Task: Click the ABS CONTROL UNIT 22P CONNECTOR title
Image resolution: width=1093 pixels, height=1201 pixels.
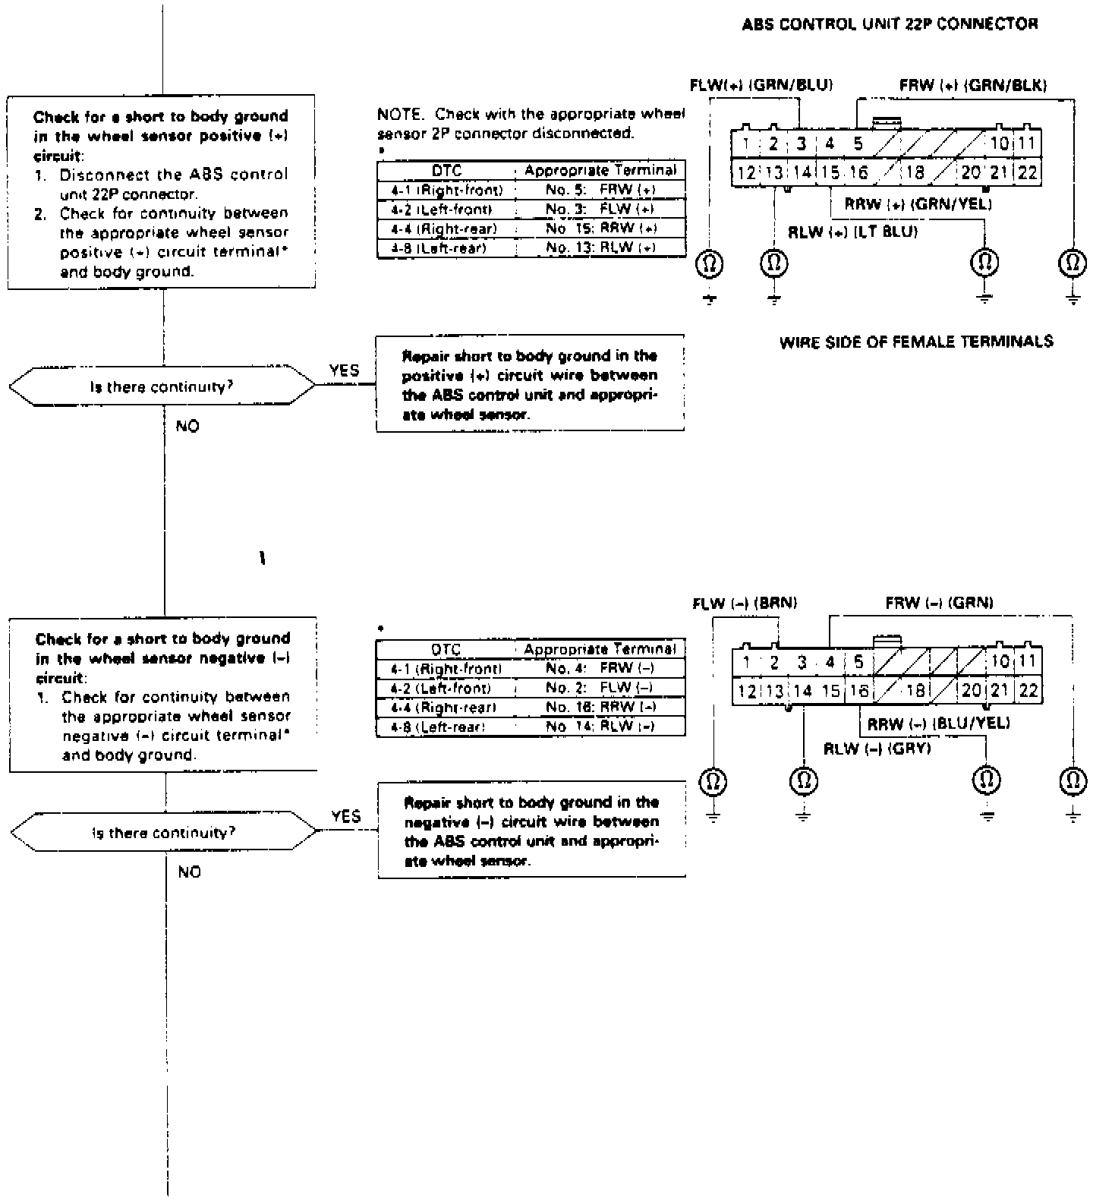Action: tap(890, 24)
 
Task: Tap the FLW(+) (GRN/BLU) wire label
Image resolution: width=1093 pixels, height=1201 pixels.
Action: tap(761, 85)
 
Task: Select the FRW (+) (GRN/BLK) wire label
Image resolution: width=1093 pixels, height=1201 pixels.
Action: tap(972, 85)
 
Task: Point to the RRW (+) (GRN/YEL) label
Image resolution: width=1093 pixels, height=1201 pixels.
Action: tap(918, 203)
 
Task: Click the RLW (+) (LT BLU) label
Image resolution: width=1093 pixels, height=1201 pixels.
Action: tap(852, 232)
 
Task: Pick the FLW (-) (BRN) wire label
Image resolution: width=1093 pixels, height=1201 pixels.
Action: tap(745, 604)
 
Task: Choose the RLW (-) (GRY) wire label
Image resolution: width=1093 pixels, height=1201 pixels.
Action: tap(877, 749)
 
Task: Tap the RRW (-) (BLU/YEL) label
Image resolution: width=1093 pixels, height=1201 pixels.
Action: tap(938, 724)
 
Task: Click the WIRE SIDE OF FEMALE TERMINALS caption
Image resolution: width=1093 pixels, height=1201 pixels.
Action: tap(916, 342)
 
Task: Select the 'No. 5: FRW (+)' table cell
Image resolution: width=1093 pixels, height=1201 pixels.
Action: tap(600, 189)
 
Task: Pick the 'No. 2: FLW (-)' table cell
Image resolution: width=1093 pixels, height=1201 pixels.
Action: tap(600, 688)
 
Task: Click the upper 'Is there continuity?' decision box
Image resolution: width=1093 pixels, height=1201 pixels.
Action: tap(162, 387)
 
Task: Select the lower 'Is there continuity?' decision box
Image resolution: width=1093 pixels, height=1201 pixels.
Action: tap(164, 833)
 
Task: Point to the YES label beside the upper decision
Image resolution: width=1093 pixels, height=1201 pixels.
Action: tap(345, 370)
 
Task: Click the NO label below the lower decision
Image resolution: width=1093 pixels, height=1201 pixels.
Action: tap(189, 872)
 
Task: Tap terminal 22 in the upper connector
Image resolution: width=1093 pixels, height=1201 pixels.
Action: tap(1027, 172)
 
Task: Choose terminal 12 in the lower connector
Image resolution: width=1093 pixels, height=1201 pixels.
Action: tap(747, 691)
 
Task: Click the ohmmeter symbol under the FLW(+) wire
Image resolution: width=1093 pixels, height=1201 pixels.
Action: tap(710, 263)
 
